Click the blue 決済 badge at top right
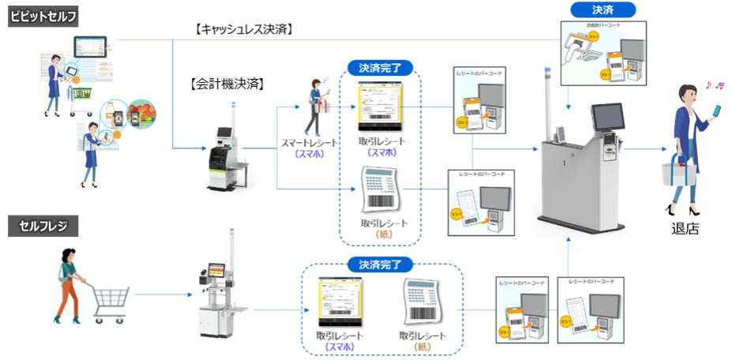(x=602, y=10)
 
